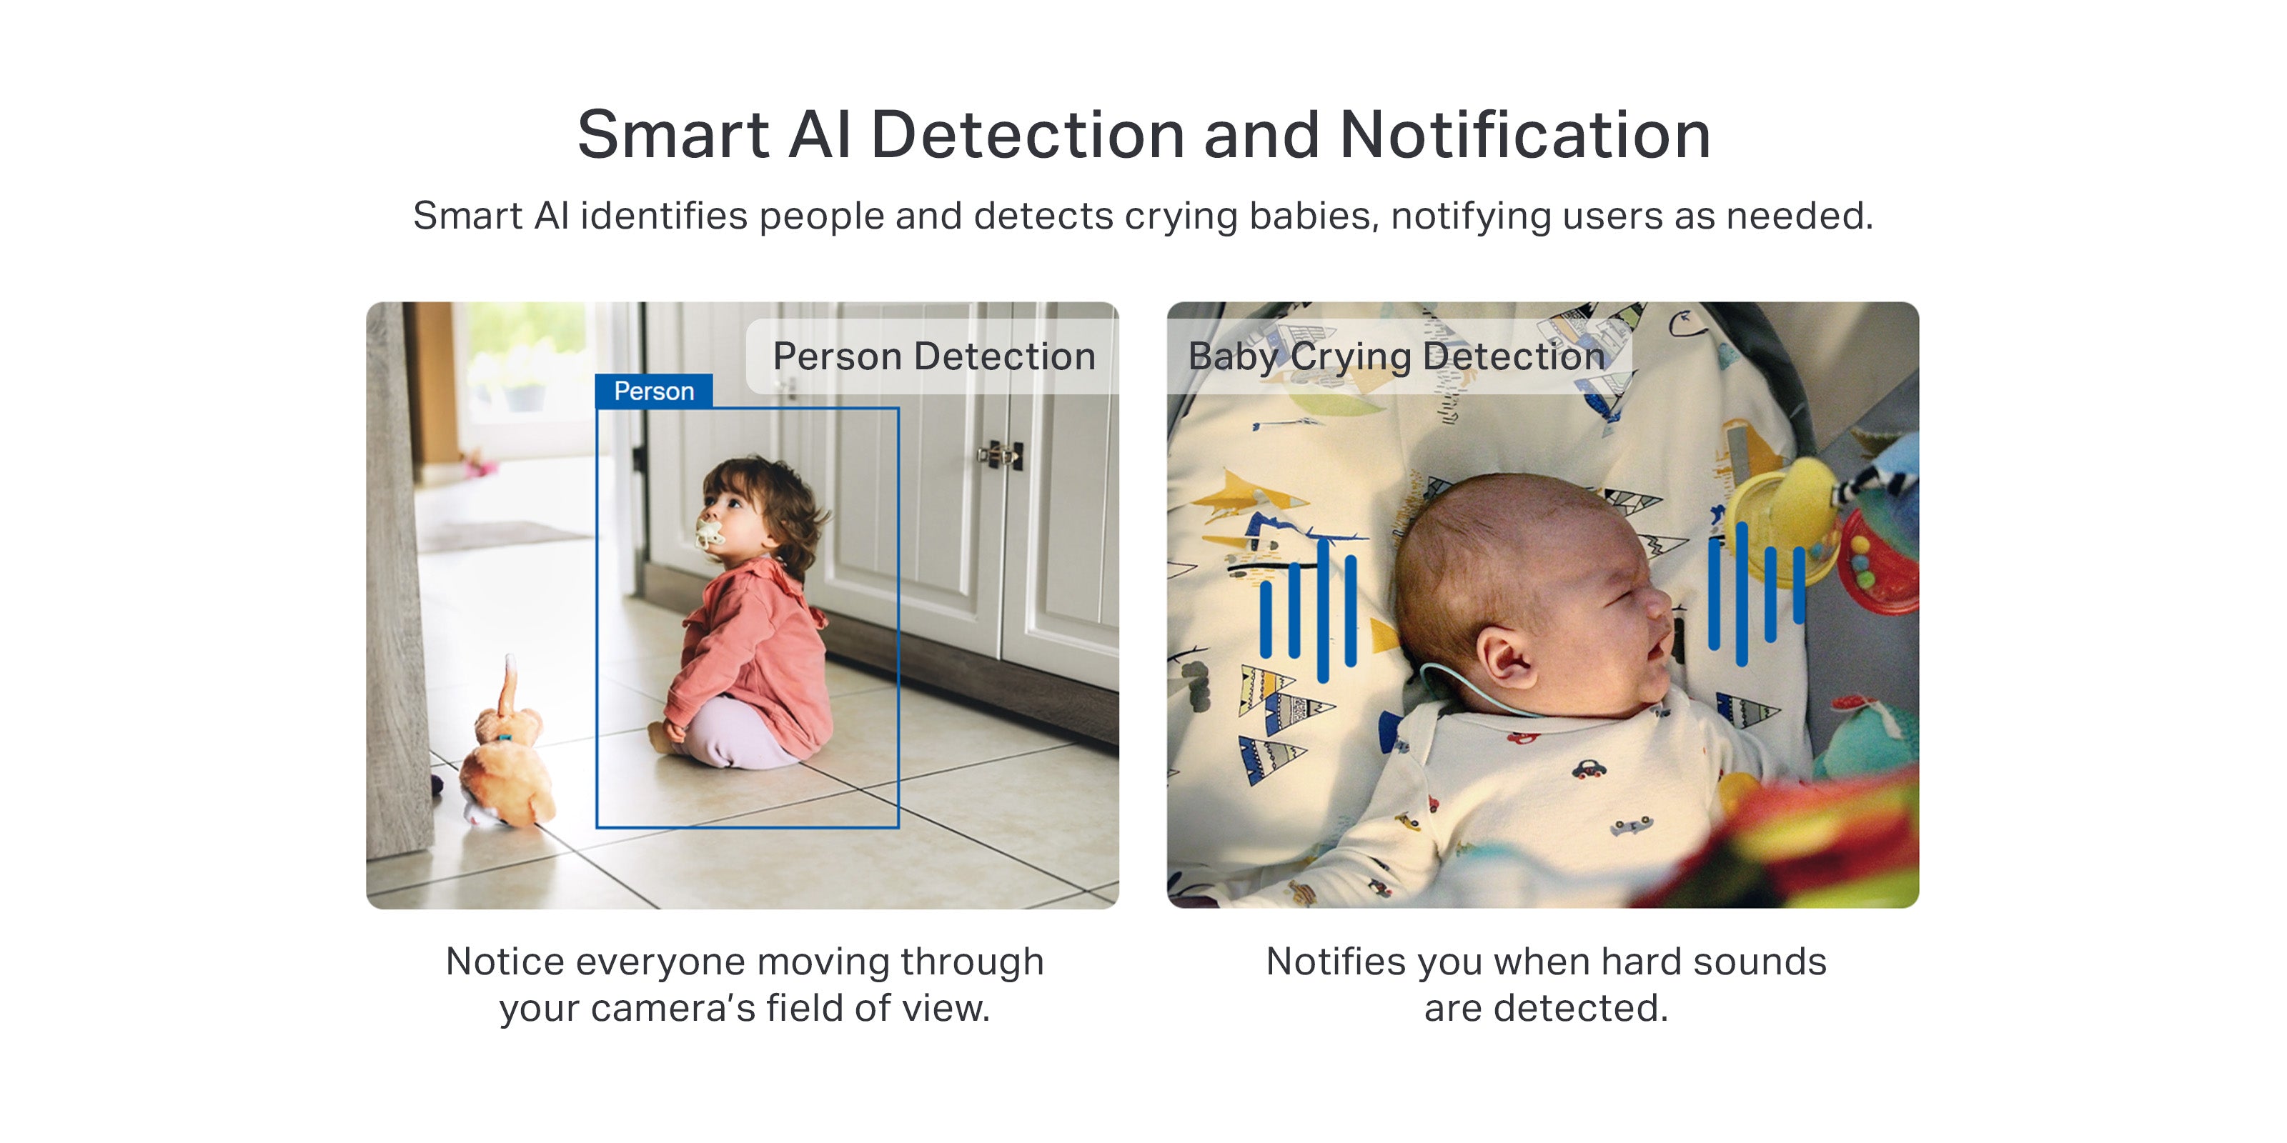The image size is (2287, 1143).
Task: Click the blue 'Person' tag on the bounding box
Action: click(653, 391)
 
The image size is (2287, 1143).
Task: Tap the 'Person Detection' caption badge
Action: click(932, 356)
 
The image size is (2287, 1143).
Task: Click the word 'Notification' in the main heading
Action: click(1524, 136)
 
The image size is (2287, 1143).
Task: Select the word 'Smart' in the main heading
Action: click(673, 136)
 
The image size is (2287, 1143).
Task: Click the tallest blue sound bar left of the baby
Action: click(1323, 609)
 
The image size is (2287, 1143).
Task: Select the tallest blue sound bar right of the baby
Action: click(1741, 594)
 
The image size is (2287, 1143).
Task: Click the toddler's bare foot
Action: click(660, 736)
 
